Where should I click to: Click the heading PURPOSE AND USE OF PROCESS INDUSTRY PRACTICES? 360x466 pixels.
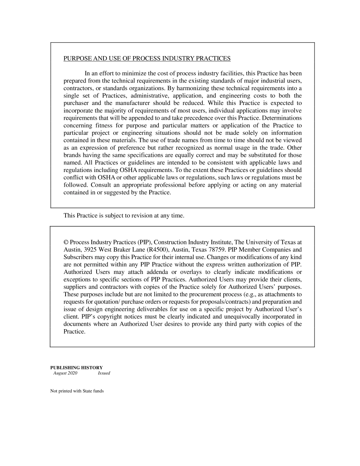tap(147, 58)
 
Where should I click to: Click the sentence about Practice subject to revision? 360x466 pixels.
tap(124, 216)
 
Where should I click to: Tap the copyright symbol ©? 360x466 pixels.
tap(66, 242)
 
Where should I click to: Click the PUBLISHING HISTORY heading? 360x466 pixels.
tap(77, 367)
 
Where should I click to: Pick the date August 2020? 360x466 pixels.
tap(65, 373)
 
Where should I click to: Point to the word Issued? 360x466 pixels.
tap(104, 373)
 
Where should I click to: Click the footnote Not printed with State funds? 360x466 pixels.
tap(77, 391)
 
